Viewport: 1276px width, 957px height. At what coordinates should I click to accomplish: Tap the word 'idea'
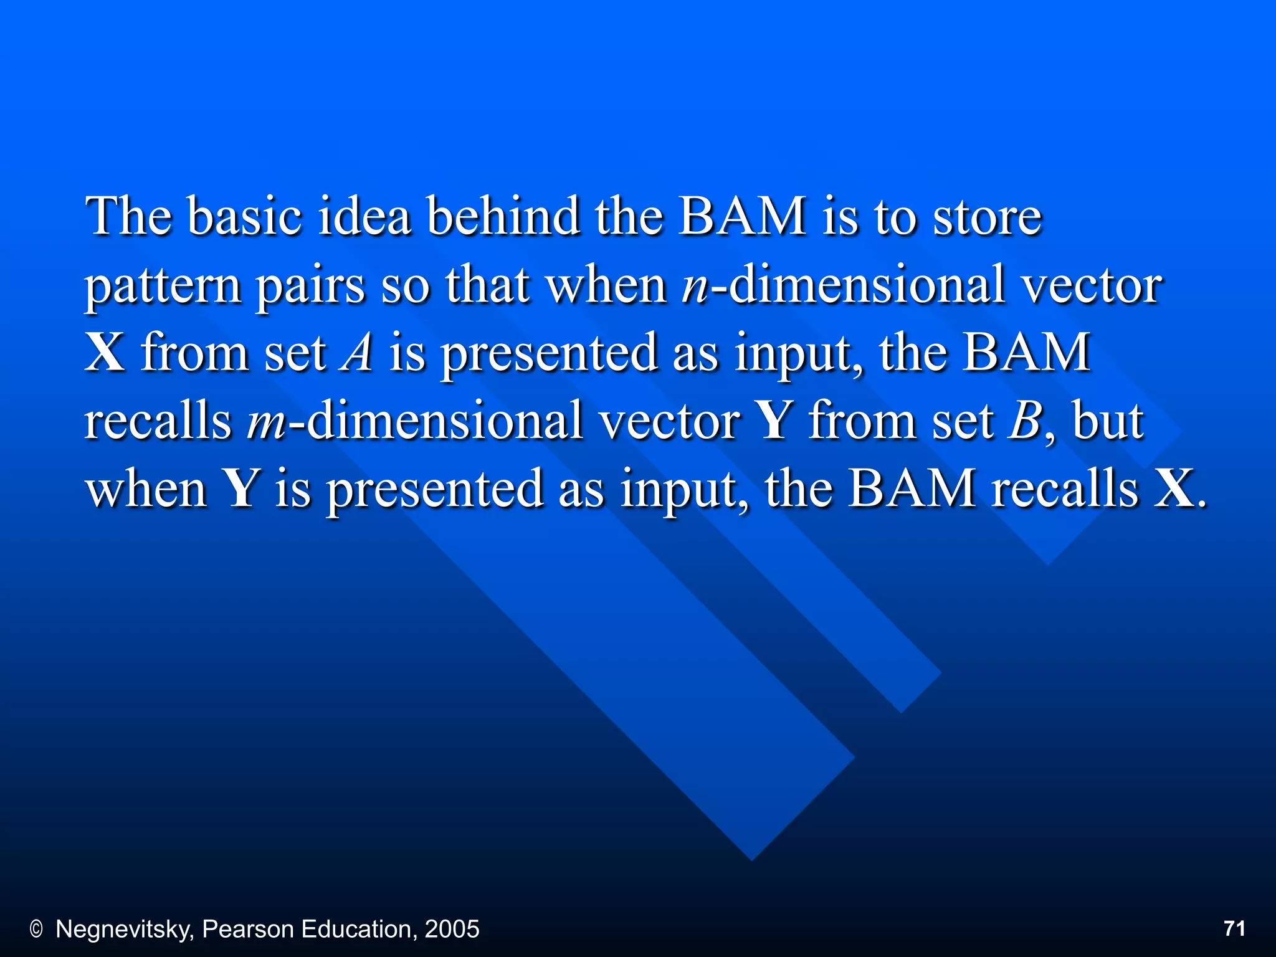click(x=364, y=216)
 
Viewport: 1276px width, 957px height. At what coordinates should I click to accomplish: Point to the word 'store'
click(x=987, y=216)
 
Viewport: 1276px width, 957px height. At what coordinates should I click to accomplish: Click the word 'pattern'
click(x=163, y=286)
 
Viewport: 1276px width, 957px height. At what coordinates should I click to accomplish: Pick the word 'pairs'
click(x=310, y=286)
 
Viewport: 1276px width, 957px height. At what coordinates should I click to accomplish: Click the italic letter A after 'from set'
click(x=357, y=353)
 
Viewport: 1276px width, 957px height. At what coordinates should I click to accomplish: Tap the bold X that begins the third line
click(x=105, y=353)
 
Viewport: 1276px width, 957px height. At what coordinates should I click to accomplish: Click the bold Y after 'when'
click(x=240, y=488)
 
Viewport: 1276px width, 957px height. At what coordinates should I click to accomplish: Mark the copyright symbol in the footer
click(x=36, y=930)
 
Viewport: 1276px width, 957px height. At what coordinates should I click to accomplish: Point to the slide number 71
click(x=1234, y=928)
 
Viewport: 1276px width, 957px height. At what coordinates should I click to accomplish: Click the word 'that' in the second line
click(x=487, y=286)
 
